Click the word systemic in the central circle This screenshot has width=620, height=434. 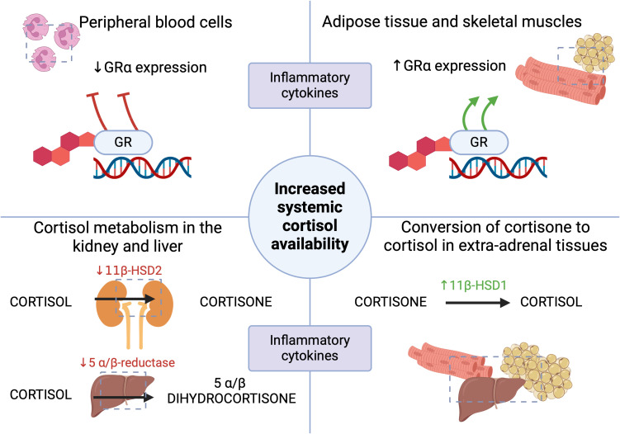click(310, 208)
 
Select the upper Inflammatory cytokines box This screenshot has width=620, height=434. click(310, 85)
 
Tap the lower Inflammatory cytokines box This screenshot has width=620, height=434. click(310, 348)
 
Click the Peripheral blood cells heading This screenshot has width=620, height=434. click(156, 22)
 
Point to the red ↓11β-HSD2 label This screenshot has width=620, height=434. click(129, 271)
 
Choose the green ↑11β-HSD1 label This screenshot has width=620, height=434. click(473, 285)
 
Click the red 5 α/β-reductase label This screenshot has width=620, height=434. click(127, 362)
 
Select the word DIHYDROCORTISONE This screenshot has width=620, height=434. click(232, 398)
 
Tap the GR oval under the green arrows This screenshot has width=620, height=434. click(479, 142)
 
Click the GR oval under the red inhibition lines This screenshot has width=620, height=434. click(123, 142)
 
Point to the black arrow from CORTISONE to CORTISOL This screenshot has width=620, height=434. click(478, 303)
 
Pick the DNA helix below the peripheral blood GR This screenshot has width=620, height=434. click(142, 167)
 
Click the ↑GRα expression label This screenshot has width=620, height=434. click(449, 66)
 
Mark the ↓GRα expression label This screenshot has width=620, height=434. click(150, 67)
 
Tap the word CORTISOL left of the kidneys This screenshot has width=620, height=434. click(40, 302)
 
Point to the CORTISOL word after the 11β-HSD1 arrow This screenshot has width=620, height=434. click(551, 302)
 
